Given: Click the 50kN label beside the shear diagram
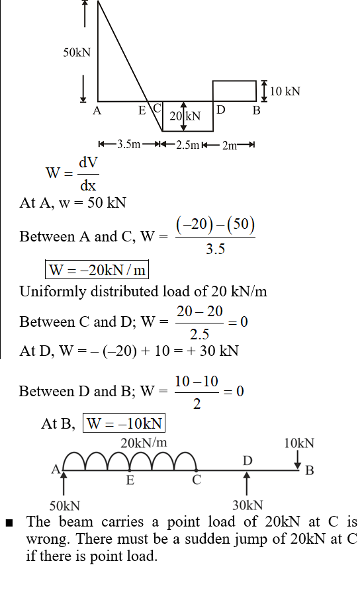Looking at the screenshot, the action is click(x=77, y=52).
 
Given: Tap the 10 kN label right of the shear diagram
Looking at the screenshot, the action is click(x=285, y=91).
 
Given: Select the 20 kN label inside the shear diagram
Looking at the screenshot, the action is click(x=185, y=116).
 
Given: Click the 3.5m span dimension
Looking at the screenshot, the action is click(x=129, y=144).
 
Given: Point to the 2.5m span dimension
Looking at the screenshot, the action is click(x=188, y=145).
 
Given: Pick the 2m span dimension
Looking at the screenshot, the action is click(x=230, y=145).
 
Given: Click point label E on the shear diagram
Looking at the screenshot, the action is click(x=142, y=110).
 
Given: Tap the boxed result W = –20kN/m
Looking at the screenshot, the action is click(x=97, y=270).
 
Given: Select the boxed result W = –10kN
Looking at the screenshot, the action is click(x=124, y=423).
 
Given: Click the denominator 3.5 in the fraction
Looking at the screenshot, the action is click(x=215, y=249).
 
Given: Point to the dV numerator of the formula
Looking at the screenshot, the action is click(x=88, y=163).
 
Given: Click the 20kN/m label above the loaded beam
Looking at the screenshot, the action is click(x=144, y=443).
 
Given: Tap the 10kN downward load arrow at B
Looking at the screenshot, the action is click(x=297, y=460).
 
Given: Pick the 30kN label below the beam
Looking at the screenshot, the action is click(x=247, y=505).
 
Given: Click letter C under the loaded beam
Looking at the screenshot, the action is click(x=197, y=480).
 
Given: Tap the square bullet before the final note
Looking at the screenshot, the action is click(x=9, y=523).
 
